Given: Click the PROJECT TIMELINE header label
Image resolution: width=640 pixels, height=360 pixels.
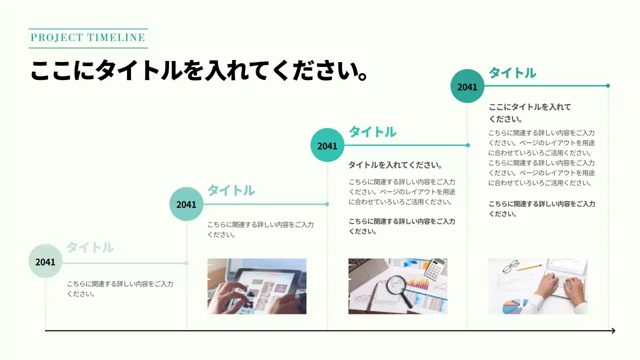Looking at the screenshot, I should (88, 37).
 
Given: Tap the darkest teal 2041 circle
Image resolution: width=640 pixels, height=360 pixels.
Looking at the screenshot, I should (467, 86).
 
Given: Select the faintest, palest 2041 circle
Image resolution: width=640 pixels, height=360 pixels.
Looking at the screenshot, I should (45, 261).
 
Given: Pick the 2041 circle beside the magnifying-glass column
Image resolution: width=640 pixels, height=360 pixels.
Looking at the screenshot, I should (327, 145).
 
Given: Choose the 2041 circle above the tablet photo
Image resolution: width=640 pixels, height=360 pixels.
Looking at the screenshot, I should (186, 204).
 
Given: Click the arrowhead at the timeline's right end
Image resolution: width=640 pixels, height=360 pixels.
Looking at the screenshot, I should (613, 330).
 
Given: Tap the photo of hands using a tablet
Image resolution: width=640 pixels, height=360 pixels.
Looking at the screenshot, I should (256, 286).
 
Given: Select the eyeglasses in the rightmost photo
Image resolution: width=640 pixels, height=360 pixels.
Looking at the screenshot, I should (510, 268).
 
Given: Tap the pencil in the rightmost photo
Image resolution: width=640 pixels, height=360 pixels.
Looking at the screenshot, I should (529, 268).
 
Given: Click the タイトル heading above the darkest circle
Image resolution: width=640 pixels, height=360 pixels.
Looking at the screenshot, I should (512, 73).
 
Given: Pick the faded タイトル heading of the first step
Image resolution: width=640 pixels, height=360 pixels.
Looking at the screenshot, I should (90, 247).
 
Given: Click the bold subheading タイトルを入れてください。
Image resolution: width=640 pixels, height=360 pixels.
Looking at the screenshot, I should (395, 165).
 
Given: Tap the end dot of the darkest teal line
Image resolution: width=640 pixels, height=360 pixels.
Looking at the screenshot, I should (608, 85).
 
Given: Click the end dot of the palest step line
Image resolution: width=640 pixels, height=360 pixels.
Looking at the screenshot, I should (186, 262).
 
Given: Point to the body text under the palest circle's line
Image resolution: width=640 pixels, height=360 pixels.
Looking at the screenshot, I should (120, 288).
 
